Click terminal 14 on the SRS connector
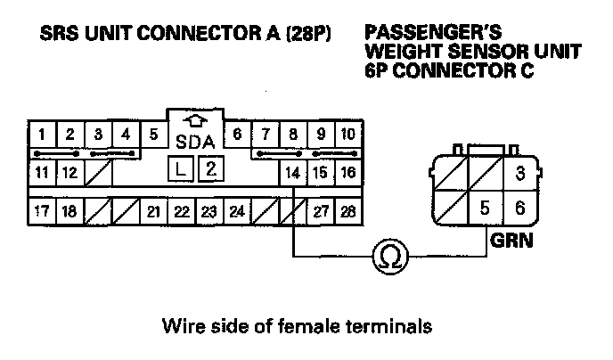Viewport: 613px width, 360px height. coord(292,171)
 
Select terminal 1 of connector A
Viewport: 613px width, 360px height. coord(41,135)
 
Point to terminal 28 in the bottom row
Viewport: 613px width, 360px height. coord(348,212)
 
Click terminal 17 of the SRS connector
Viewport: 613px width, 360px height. coord(41,212)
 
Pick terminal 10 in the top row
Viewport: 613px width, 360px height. coord(348,135)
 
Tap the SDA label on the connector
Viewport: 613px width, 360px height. coord(195,142)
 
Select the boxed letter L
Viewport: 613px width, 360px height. coord(182,169)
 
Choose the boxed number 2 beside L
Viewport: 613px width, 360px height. coord(210,169)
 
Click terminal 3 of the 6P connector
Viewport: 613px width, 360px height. coord(520,171)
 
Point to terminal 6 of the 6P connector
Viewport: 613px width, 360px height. coord(520,209)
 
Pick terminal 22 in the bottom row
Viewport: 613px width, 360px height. coord(181,212)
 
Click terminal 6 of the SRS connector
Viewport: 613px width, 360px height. coord(237,135)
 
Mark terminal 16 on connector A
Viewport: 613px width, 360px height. coord(348,171)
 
